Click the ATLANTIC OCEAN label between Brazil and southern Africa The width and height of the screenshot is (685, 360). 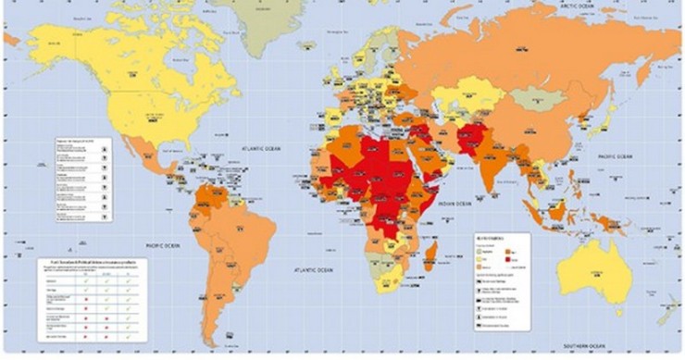click(313, 269)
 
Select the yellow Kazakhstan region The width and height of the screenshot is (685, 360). click(467, 93)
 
